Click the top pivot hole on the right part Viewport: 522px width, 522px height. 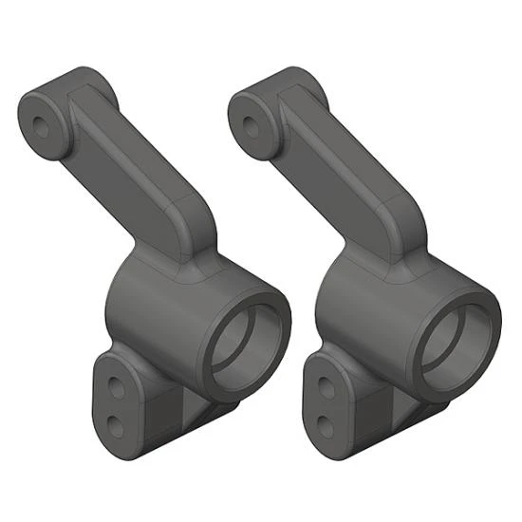252,122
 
